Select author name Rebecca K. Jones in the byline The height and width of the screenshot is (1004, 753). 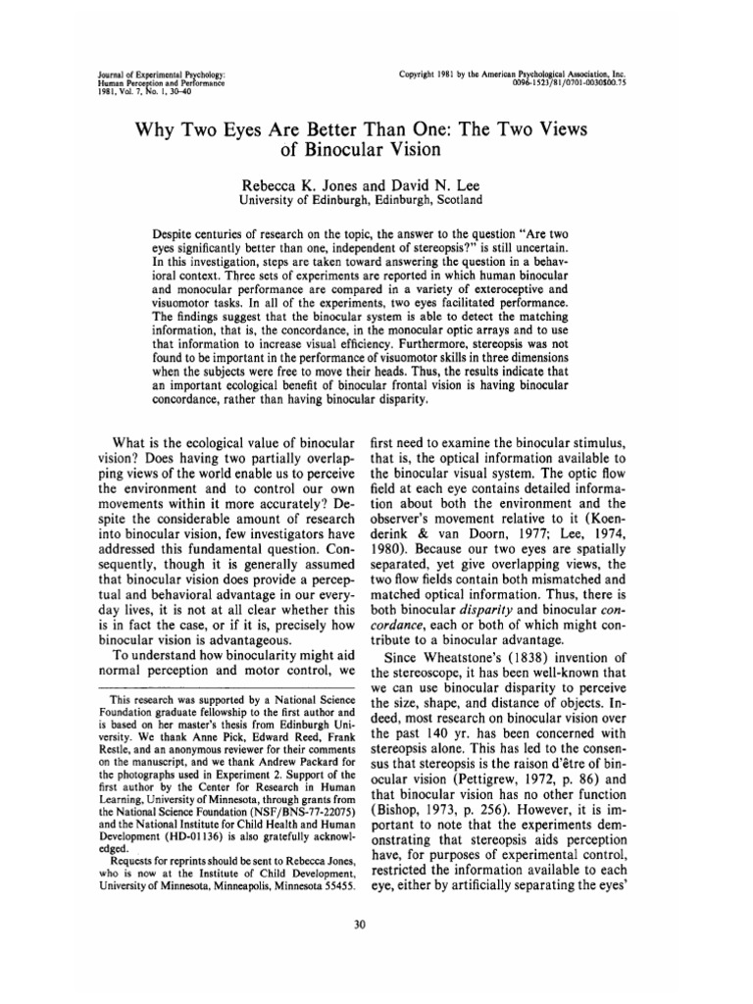[x=305, y=183]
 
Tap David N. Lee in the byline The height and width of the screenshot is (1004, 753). [x=430, y=183]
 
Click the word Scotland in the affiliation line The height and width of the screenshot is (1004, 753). [x=457, y=200]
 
